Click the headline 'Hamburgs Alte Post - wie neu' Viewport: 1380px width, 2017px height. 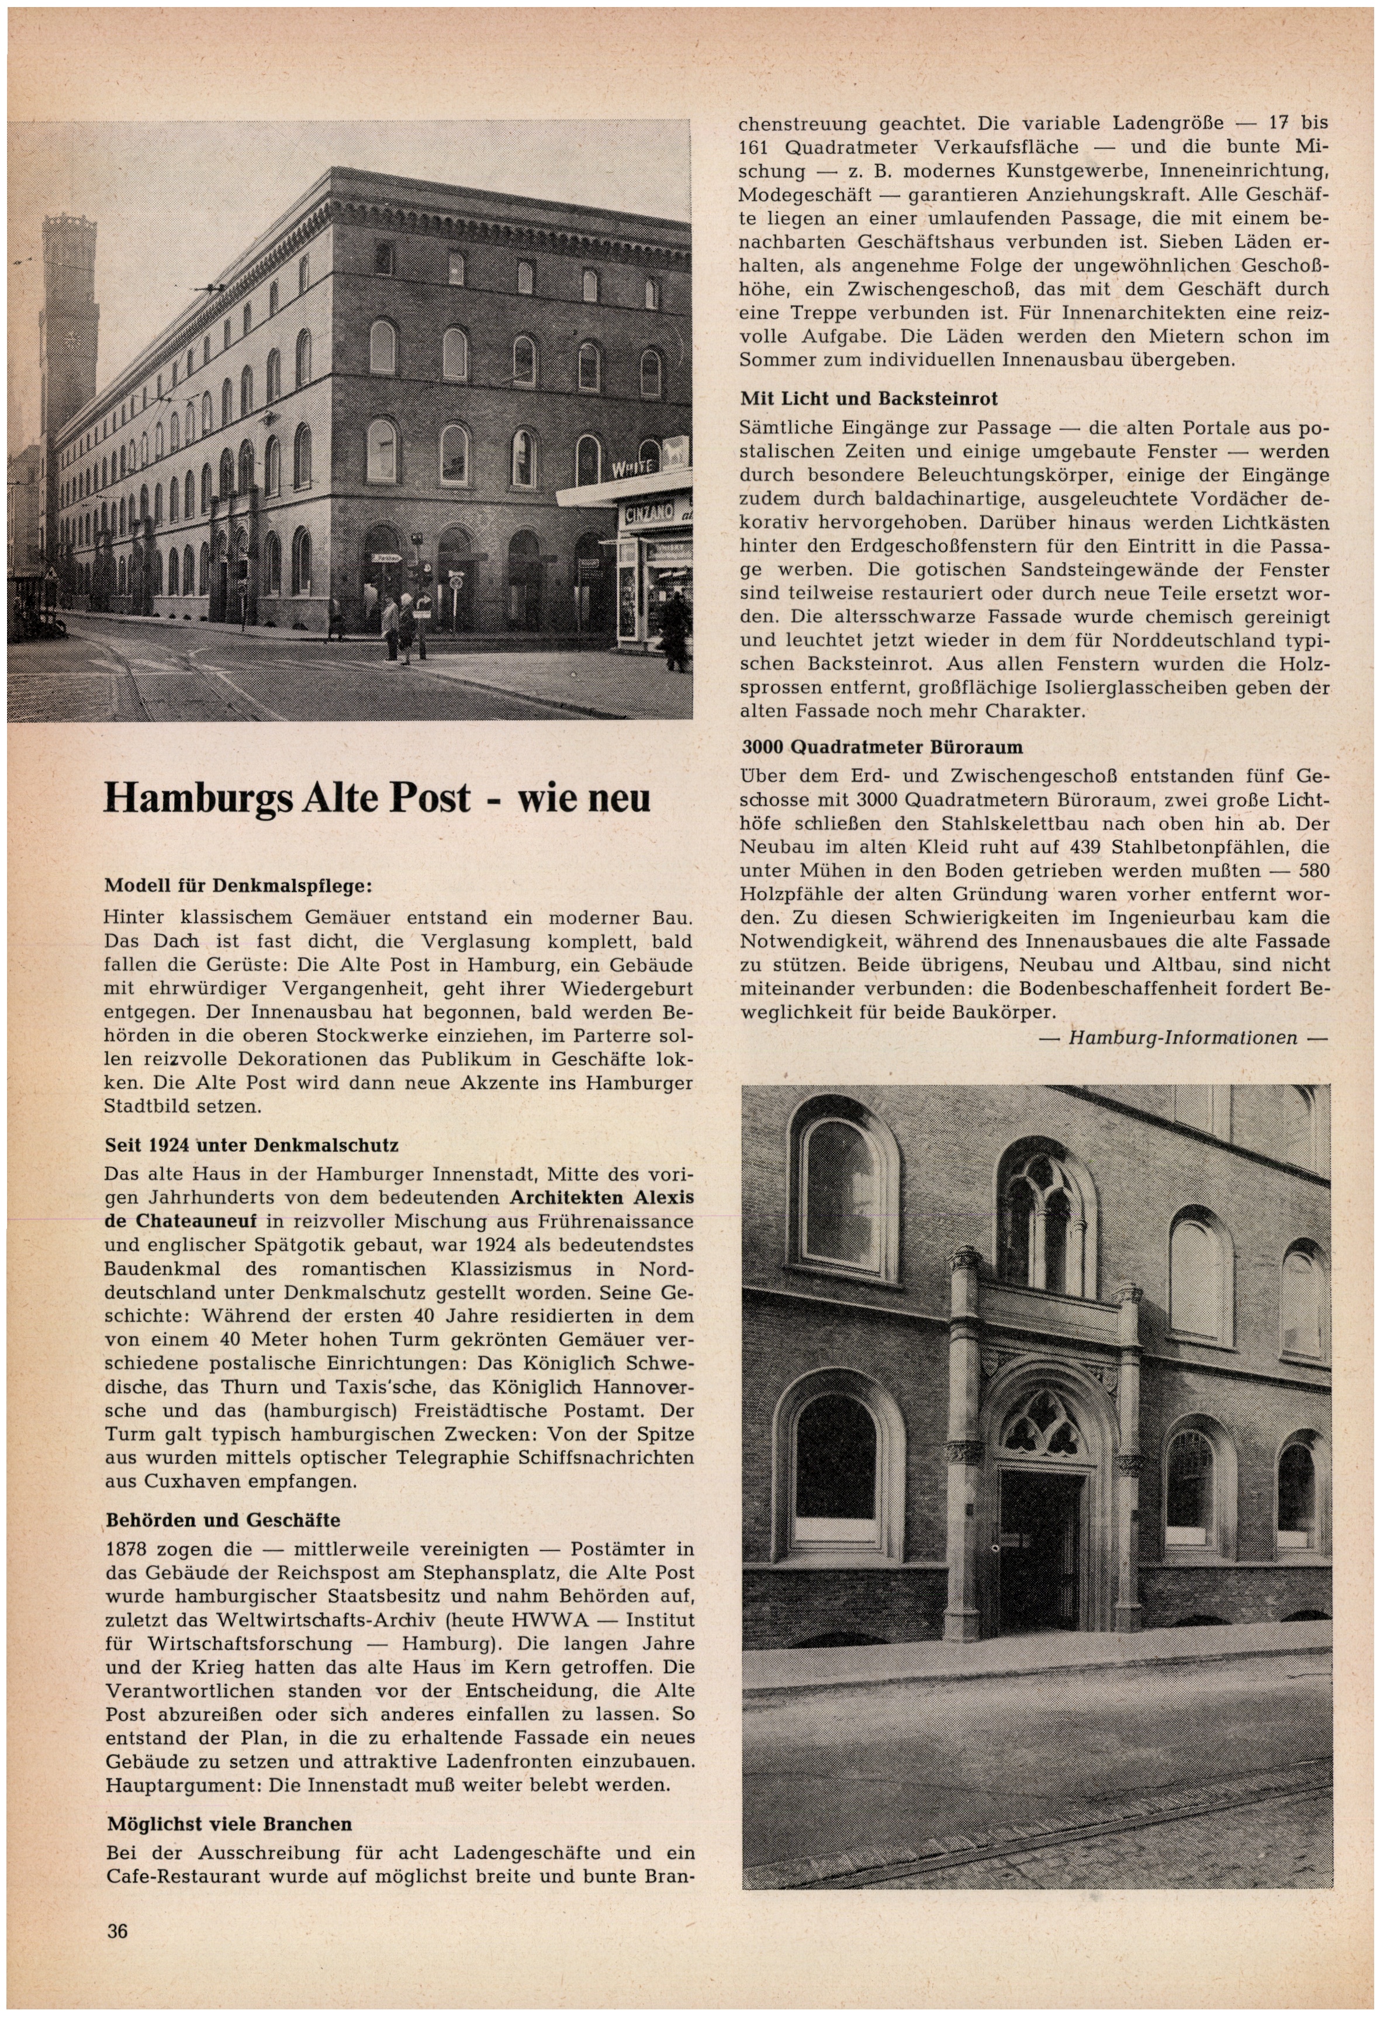click(x=376, y=797)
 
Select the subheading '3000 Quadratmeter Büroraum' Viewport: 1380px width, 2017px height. click(x=882, y=747)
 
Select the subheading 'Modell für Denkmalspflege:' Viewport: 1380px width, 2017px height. click(x=237, y=886)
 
